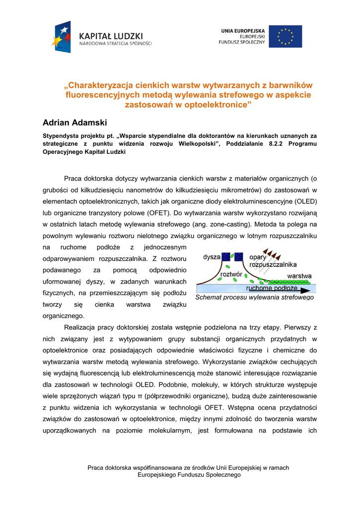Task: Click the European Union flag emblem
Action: click(285, 37)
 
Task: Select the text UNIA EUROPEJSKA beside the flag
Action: click(243, 31)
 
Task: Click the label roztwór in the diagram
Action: click(231, 274)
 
